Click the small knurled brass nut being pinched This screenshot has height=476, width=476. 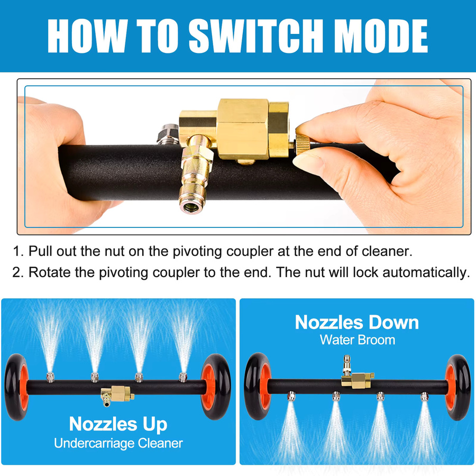point(303,145)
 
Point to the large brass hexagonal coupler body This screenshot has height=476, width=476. point(243,129)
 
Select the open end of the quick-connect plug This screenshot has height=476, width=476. point(190,207)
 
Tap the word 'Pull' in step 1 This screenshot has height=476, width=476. point(40,252)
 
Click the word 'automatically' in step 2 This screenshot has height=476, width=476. point(426,273)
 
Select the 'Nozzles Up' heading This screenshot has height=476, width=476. point(118,424)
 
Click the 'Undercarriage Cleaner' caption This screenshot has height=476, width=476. point(118,443)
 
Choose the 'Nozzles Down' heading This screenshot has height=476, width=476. point(356,322)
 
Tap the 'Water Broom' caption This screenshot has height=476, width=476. point(358,340)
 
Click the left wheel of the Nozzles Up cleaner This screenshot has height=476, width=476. point(16,387)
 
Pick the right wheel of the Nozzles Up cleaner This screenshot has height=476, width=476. point(216,387)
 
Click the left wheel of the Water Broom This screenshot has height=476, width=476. point(258,386)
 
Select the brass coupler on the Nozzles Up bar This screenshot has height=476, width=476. point(117,395)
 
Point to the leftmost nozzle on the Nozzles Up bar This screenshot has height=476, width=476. point(50,377)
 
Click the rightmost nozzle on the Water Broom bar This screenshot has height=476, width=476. point(424,397)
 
